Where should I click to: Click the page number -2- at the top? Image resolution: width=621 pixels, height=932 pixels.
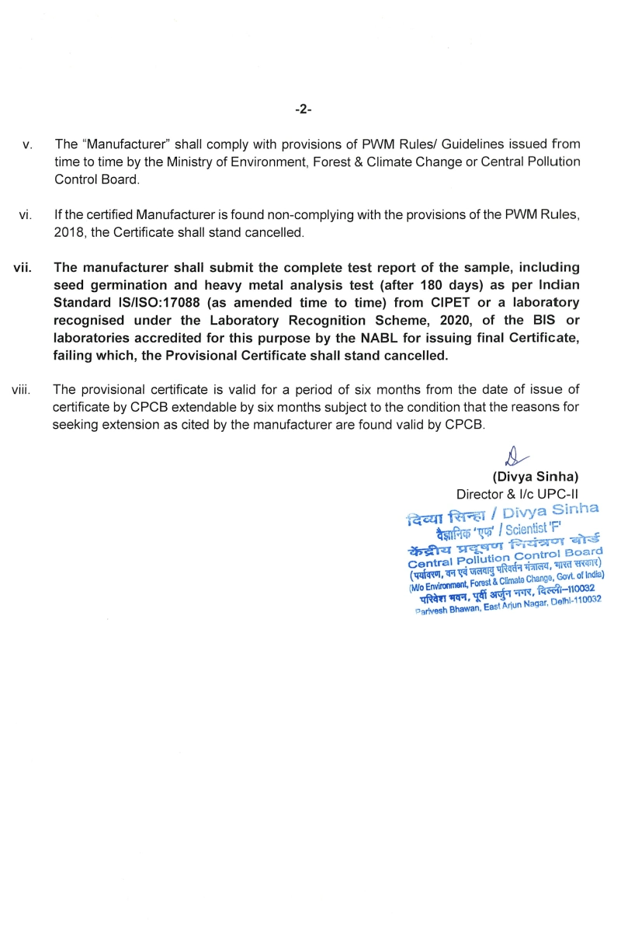[304, 110]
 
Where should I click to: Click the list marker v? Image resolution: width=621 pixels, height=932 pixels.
[27, 145]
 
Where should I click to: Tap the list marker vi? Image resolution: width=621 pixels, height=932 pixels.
[25, 214]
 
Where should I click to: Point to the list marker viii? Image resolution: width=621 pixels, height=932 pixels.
[21, 389]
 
